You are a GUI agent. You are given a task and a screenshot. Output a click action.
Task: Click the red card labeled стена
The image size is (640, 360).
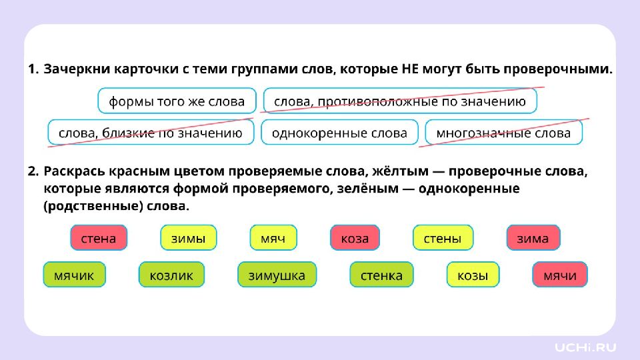99,237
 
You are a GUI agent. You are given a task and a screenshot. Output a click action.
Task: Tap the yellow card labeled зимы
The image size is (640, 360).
188,237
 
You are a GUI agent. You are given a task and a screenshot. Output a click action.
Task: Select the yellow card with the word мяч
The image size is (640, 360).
273,237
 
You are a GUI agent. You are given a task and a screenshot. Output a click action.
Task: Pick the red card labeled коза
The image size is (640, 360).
355,237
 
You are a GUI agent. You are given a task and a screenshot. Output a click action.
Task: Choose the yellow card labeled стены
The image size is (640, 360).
443,237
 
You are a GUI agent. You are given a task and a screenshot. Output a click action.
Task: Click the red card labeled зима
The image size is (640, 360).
533,237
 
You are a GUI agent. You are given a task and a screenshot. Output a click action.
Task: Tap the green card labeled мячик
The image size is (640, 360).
74,275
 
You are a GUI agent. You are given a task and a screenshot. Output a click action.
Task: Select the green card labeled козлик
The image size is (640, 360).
171,275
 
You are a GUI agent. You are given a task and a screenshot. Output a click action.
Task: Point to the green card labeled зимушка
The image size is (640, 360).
277,275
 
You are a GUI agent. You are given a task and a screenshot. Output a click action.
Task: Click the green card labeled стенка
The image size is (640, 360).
381,275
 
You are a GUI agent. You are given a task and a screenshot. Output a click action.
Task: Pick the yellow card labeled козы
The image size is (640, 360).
473,275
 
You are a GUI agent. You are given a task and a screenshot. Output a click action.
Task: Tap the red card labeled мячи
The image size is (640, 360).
559,275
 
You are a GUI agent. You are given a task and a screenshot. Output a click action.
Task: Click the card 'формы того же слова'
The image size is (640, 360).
177,101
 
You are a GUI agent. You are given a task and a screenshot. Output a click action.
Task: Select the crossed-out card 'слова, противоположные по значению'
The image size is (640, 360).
400,101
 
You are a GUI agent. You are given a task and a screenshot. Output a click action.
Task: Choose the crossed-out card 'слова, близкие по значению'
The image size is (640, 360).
151,132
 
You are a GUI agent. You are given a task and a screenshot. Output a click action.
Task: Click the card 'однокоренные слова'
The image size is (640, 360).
339,132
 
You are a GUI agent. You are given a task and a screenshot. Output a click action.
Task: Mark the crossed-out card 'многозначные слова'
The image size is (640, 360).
504,132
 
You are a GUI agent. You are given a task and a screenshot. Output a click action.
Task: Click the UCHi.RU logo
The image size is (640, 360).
585,347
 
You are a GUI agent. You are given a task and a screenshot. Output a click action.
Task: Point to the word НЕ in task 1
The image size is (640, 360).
410,69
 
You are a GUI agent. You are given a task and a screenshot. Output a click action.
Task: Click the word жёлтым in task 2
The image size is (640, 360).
401,171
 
